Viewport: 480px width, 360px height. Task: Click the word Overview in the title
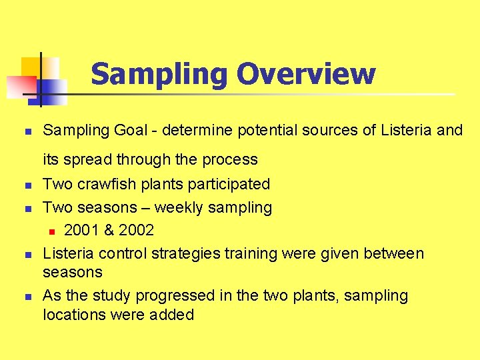pyautogui.click(x=306, y=74)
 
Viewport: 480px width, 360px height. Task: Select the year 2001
pyautogui.click(x=81, y=231)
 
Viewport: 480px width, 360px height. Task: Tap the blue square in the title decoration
pyautogui.click(x=53, y=90)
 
